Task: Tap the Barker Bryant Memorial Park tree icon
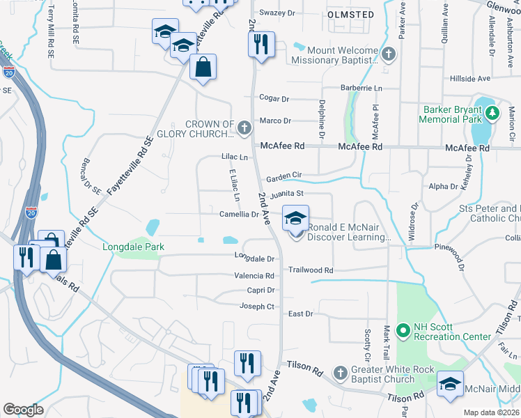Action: [x=492, y=112]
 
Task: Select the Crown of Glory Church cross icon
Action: [x=244, y=128]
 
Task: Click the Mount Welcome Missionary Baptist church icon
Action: [x=389, y=54]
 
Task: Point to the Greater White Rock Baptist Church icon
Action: [x=340, y=373]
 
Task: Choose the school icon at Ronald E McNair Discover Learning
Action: [x=295, y=219]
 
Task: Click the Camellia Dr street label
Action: [x=240, y=215]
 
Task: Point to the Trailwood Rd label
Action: [x=311, y=270]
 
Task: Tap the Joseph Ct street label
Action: [x=258, y=306]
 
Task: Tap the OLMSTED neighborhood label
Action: [x=350, y=14]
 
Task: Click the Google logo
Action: [x=23, y=410]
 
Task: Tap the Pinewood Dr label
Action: [x=457, y=255]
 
